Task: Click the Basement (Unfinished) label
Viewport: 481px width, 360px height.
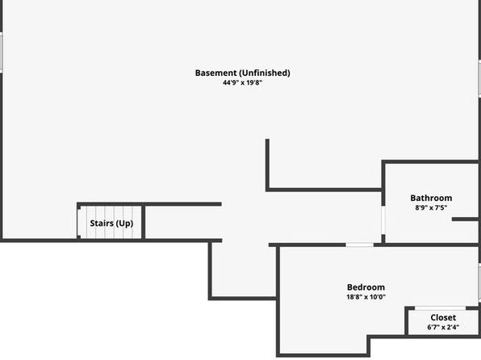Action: coord(243,73)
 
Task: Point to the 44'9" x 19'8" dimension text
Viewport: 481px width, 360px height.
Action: coord(243,82)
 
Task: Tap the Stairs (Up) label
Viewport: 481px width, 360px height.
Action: coord(111,223)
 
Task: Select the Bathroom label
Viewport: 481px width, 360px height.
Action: coord(431,198)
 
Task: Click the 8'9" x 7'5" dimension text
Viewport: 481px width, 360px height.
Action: coord(431,207)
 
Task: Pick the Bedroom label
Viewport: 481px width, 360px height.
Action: coord(366,287)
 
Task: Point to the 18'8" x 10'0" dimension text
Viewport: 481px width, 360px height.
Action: coord(366,297)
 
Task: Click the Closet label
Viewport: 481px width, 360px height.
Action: coord(443,317)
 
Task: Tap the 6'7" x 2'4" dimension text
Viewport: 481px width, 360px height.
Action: coord(443,327)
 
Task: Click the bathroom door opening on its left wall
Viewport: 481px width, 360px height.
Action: coord(383,220)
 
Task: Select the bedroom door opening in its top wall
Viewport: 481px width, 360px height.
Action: coord(359,245)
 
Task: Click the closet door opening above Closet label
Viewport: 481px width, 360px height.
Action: coord(440,308)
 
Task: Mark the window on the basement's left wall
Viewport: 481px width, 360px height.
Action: coord(2,52)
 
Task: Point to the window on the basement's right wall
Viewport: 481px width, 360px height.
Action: coord(479,78)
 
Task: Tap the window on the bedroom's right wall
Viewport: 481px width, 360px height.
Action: coord(479,283)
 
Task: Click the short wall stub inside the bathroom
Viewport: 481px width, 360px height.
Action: coord(465,219)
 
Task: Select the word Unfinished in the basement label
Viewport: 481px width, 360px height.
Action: coord(265,73)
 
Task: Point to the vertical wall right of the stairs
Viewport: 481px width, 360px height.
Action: coord(144,221)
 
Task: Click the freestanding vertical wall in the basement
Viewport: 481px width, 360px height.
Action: coord(267,165)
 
